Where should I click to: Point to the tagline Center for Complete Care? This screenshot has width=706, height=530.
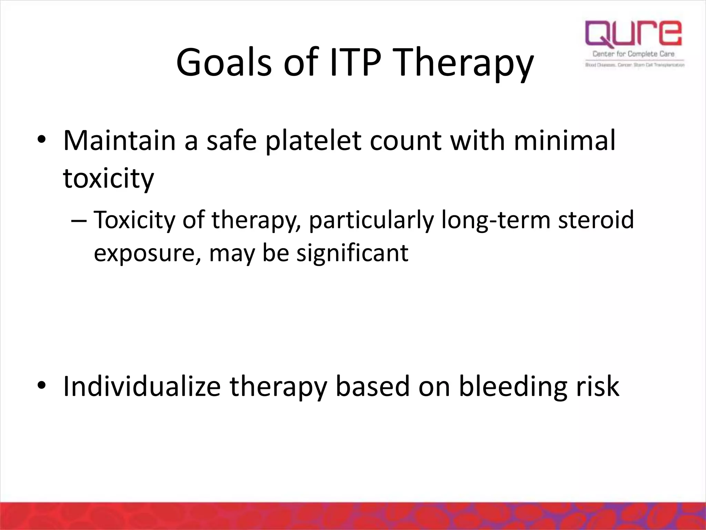pyautogui.click(x=633, y=54)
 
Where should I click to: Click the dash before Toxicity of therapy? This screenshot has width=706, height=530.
pyautogui.click(x=78, y=220)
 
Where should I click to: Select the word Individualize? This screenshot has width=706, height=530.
pyautogui.click(x=142, y=386)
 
